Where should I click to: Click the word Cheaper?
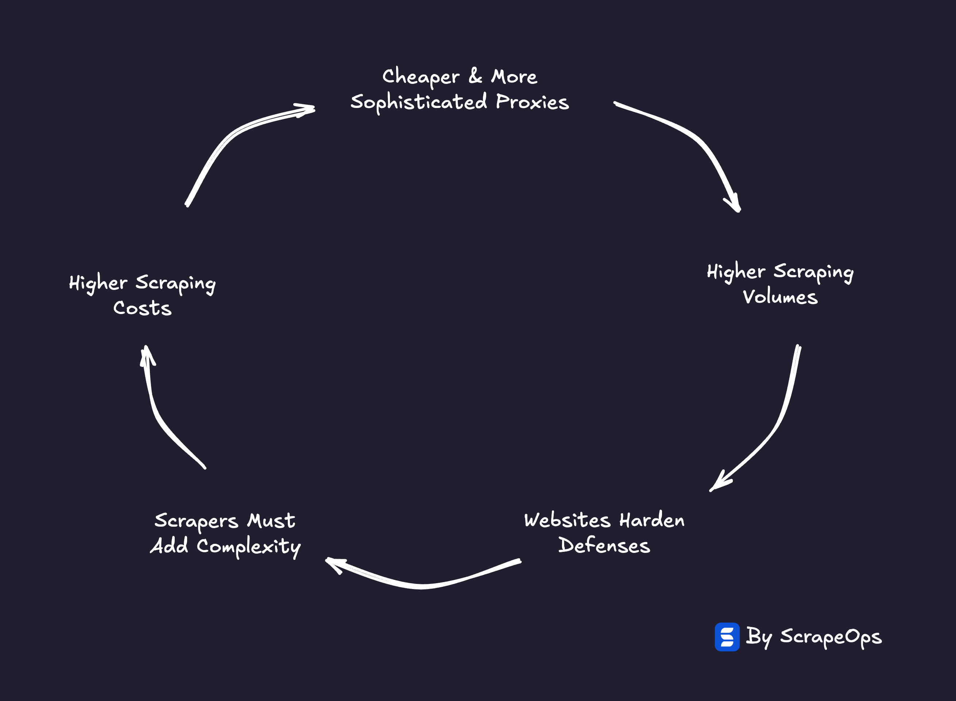click(421, 78)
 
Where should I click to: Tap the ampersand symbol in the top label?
click(475, 76)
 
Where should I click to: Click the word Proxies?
click(532, 102)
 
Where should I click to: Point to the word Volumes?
click(780, 297)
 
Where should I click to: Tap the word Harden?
click(652, 520)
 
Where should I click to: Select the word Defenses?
click(604, 545)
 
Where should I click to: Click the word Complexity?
click(249, 547)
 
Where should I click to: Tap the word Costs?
click(143, 308)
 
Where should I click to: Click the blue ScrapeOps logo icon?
click(727, 637)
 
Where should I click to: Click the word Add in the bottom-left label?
click(169, 546)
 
